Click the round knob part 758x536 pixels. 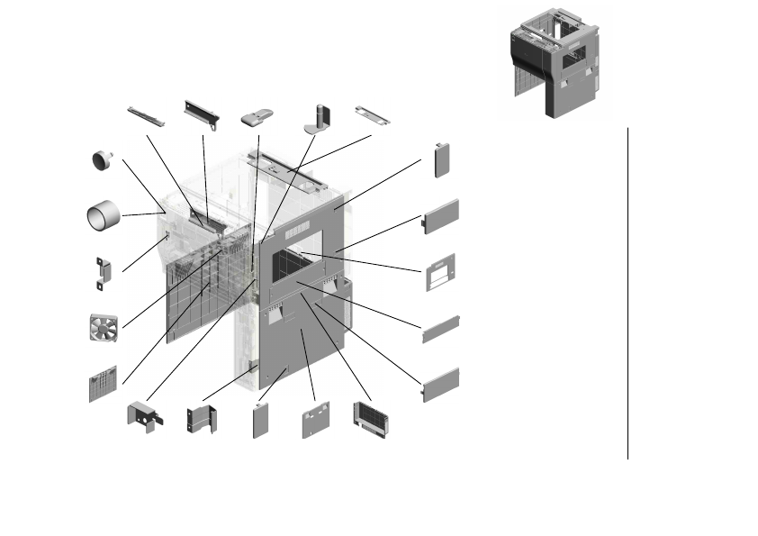[101, 160]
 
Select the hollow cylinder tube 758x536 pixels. [103, 216]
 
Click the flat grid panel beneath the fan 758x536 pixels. [104, 385]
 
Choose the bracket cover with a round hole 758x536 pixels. [143, 416]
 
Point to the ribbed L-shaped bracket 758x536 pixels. [201, 419]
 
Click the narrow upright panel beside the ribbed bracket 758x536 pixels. [262, 421]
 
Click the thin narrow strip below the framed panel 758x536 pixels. [441, 329]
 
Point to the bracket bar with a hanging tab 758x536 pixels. [203, 111]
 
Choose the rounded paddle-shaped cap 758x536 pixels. [258, 117]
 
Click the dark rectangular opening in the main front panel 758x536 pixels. [295, 266]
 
